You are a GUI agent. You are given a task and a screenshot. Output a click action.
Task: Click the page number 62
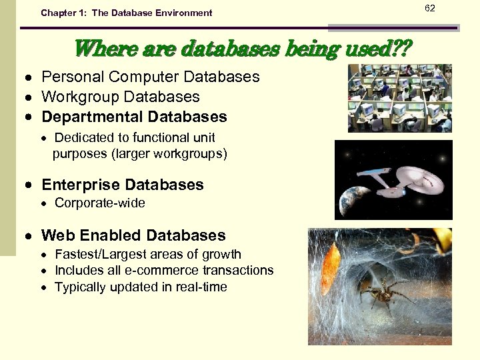[448, 8]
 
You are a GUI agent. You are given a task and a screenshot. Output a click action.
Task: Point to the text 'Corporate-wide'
[99, 203]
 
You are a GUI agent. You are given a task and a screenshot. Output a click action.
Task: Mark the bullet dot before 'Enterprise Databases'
[30, 185]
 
